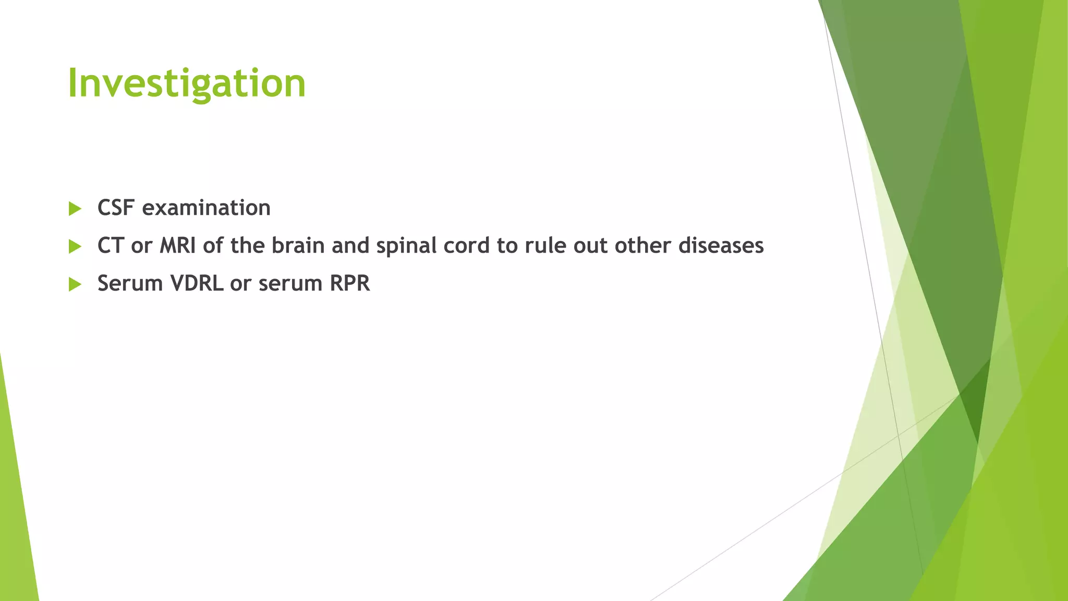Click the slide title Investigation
pos(187,83)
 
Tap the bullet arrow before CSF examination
pos(75,209)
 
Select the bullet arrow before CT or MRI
pos(75,246)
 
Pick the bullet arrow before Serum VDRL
pos(75,284)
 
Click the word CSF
pos(116,208)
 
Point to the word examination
pos(206,208)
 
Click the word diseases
pos(721,246)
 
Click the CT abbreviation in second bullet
pos(111,246)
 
